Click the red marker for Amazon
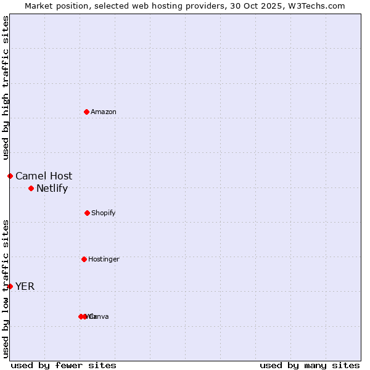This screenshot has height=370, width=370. pos(87,112)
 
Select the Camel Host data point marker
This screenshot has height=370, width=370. pos(10,176)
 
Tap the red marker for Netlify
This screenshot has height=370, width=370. pos(31,188)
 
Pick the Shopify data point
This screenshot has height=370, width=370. pos(87,213)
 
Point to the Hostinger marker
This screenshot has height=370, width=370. pos(84,259)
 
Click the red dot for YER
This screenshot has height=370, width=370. pos(10,286)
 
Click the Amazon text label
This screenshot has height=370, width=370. pos(104,112)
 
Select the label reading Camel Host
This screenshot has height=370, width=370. pos(44,176)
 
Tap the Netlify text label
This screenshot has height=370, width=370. pos(52,188)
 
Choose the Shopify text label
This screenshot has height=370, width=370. pos(104,213)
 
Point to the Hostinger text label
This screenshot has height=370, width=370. pos(104,259)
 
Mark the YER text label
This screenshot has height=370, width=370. pos(25,286)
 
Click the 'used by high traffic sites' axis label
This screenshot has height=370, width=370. pos(6,88)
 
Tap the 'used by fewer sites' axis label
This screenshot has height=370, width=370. pos(64,365)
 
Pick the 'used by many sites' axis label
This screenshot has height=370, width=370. pos(310,365)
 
